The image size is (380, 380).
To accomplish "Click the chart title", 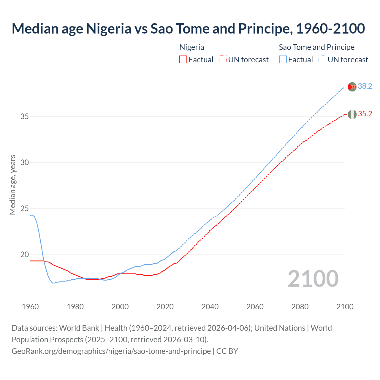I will pyautogui.click(x=188, y=28).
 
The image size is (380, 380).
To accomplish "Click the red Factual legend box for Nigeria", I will pyautogui.click(x=183, y=60).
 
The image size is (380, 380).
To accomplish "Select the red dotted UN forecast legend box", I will pyautogui.click(x=223, y=60).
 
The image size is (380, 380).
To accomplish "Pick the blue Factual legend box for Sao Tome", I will pyautogui.click(x=283, y=60).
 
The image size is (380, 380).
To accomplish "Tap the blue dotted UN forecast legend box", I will pyautogui.click(x=322, y=60).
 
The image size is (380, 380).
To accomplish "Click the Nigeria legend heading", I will pyautogui.click(x=192, y=47).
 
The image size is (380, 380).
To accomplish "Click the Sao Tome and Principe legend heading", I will pyautogui.click(x=316, y=47).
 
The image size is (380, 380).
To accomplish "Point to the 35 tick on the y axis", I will pyautogui.click(x=25, y=116).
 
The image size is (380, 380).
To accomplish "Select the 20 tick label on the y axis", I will pyautogui.click(x=25, y=255).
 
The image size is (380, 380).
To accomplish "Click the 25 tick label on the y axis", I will pyautogui.click(x=25, y=209).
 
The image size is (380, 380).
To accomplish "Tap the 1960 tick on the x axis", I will pyautogui.click(x=30, y=307).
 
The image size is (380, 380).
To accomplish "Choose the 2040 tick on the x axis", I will pyautogui.click(x=210, y=307).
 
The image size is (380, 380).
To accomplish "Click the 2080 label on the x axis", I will pyautogui.click(x=300, y=307).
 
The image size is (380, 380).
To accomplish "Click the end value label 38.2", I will pyautogui.click(x=365, y=86).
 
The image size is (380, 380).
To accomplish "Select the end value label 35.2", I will pyautogui.click(x=365, y=114).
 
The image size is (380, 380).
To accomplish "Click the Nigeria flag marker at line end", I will pyautogui.click(x=352, y=114).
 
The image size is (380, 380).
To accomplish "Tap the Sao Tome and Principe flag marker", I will pyautogui.click(x=352, y=87).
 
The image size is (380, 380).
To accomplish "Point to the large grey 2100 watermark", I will pyautogui.click(x=313, y=279).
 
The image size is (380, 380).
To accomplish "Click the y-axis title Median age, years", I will pyautogui.click(x=12, y=185).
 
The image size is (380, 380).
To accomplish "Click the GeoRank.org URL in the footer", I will pyautogui.click(x=111, y=351).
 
